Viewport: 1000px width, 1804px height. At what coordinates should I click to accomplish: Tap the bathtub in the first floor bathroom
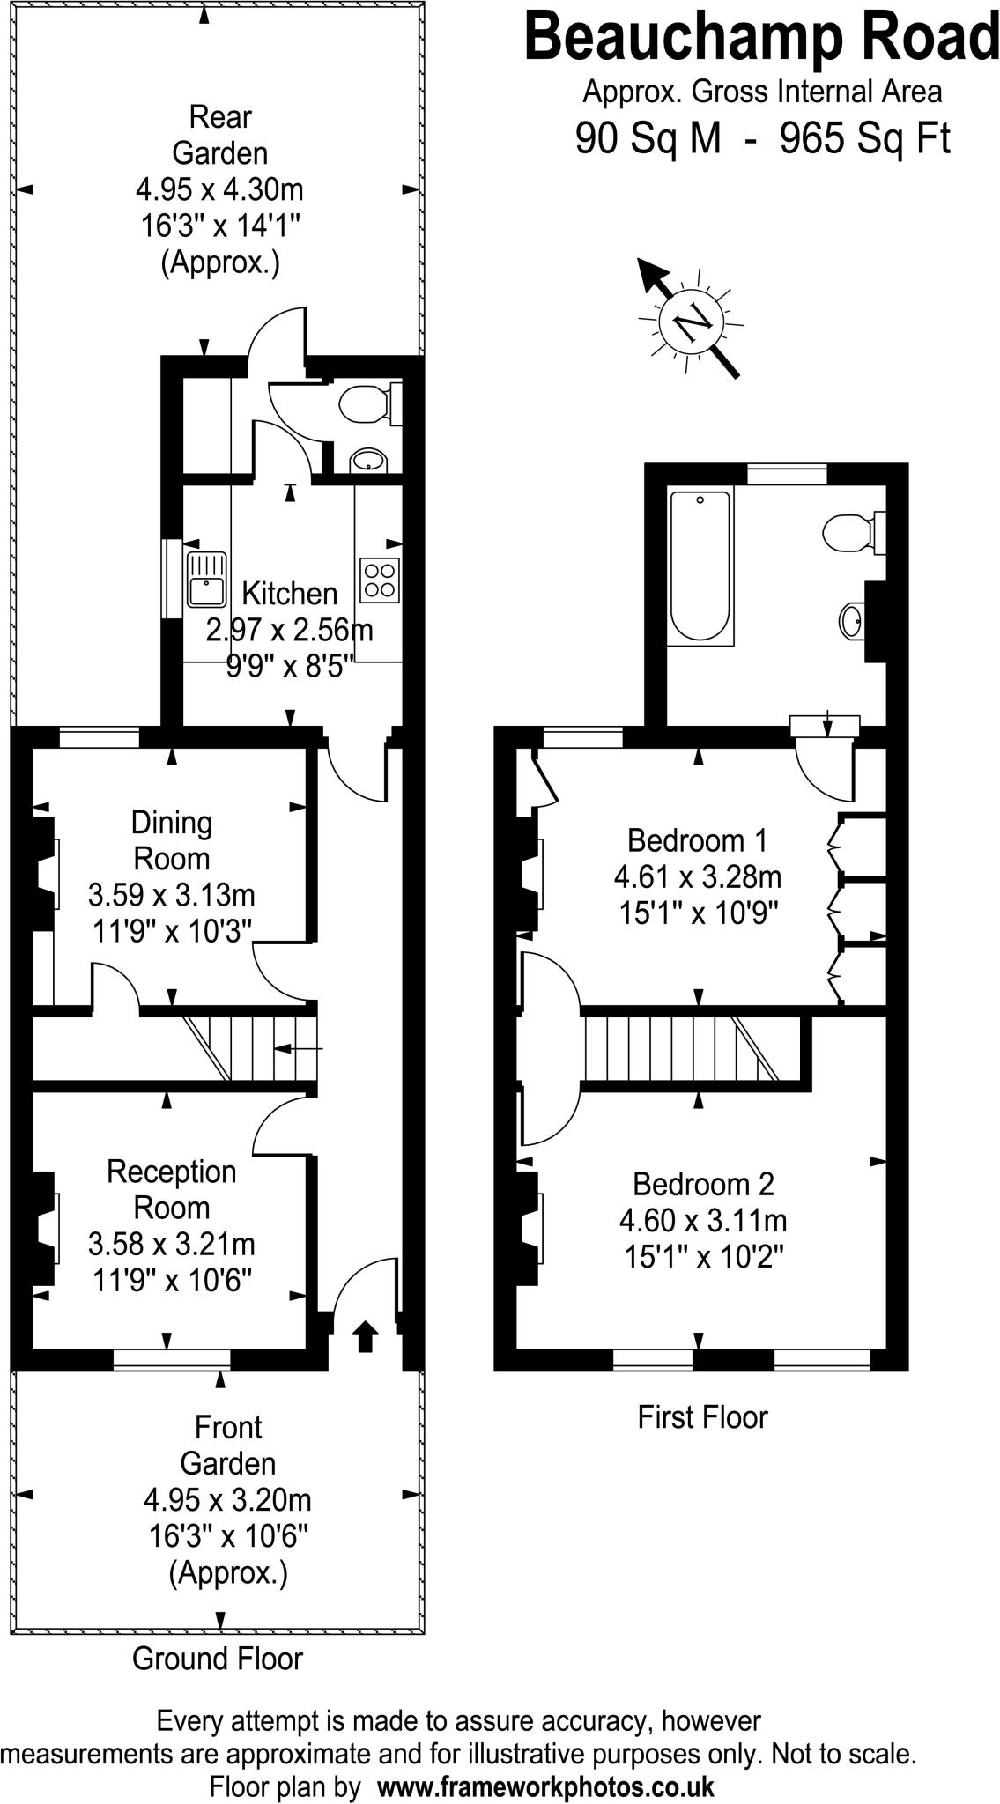tap(700, 566)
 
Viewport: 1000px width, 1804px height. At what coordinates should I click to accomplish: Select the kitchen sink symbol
tap(206, 579)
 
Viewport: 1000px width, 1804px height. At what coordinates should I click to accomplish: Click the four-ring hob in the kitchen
tap(380, 580)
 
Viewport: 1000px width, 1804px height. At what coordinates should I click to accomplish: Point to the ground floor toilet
tap(365, 404)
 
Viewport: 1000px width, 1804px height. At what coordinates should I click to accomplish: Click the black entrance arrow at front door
tap(365, 1336)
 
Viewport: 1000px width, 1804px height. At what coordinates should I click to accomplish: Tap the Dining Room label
tap(172, 840)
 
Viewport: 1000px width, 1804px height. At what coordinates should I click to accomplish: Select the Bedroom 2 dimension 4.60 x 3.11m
tap(703, 1221)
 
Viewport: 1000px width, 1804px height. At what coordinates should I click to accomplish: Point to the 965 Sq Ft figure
tap(865, 138)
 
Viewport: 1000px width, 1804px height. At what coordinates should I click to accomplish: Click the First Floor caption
tap(702, 1417)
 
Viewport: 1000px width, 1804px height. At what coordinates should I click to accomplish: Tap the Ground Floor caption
tap(218, 1659)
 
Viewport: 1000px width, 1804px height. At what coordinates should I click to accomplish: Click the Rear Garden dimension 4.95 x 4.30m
tap(219, 189)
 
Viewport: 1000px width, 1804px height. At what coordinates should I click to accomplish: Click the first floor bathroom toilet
tap(848, 532)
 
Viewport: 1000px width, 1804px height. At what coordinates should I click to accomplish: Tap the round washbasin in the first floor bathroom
tap(852, 621)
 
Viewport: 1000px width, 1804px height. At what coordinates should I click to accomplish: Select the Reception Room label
tap(172, 1189)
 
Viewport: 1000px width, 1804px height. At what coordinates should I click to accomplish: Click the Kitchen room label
tap(290, 593)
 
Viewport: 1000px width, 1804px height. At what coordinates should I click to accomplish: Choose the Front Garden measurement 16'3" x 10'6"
tap(228, 1537)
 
